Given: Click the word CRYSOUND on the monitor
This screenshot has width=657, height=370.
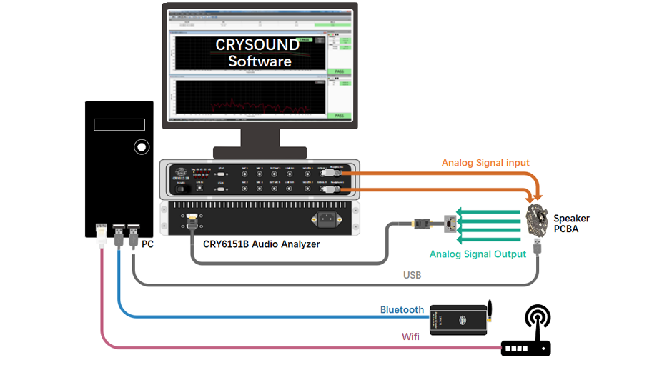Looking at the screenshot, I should [257, 45].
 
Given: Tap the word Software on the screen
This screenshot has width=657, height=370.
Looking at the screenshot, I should [259, 61].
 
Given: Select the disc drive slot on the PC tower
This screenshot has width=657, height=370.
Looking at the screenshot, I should [119, 125].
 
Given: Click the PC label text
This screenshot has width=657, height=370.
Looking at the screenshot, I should [147, 244].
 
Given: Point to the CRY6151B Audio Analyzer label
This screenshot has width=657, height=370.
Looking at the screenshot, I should [261, 244].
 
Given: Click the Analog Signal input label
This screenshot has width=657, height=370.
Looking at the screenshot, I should [485, 163].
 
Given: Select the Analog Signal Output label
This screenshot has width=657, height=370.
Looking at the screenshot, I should [478, 254].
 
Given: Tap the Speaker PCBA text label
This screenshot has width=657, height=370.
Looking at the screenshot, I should [571, 224].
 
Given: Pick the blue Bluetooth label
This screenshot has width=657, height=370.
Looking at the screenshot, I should [402, 310].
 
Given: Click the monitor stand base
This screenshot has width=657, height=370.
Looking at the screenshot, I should [260, 152].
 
